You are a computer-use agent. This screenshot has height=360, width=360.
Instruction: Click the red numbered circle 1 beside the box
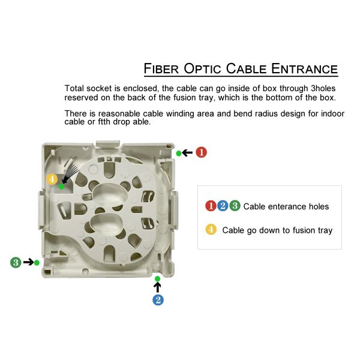[202, 152]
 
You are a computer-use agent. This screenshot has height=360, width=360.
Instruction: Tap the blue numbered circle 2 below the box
[157, 299]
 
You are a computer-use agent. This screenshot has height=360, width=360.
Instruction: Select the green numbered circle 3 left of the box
[16, 262]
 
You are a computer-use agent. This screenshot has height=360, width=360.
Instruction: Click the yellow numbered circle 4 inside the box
[52, 179]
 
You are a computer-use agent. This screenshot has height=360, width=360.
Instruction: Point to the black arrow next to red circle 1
[188, 153]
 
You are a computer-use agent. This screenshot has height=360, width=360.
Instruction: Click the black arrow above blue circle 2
[157, 287]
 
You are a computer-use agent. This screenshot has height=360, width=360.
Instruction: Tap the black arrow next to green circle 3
[28, 262]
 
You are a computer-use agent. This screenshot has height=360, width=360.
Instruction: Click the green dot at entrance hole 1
[179, 154]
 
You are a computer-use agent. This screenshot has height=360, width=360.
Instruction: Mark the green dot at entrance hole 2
[157, 279]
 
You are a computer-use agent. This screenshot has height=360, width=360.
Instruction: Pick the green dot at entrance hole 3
[37, 262]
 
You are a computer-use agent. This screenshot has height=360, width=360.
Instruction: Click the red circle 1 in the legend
[211, 206]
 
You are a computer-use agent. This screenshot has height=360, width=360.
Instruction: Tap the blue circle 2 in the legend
[223, 206]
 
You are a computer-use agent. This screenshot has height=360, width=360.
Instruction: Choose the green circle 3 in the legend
[235, 206]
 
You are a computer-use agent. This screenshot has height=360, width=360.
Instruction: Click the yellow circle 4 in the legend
[211, 229]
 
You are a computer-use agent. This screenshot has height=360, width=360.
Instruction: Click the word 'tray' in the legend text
[324, 230]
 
